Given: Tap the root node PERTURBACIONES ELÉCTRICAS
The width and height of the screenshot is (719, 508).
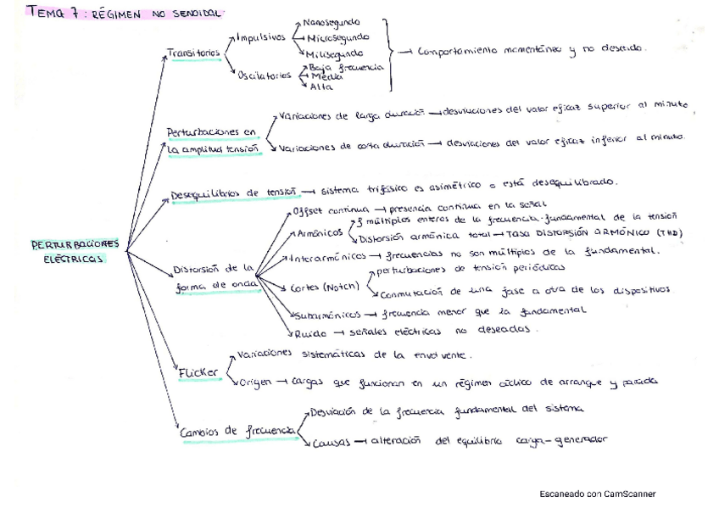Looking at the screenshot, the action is click(75, 252).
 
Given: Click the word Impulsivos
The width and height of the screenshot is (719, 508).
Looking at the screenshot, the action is click(262, 37).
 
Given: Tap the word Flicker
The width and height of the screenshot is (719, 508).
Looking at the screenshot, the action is click(198, 371).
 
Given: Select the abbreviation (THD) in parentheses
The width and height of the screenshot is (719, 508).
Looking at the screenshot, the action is click(668, 233).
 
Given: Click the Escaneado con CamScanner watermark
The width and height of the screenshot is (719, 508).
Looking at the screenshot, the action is click(597, 494).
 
